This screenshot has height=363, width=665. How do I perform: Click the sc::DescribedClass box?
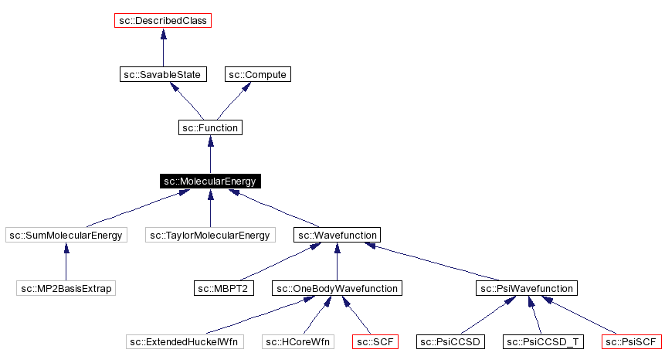(162, 21)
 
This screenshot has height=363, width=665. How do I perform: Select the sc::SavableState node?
(162, 75)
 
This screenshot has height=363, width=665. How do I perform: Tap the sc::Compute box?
(258, 75)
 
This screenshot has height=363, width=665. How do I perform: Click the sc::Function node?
(210, 127)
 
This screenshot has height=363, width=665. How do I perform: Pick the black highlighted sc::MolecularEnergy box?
(210, 181)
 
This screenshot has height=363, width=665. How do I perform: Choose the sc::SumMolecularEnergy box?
(65, 235)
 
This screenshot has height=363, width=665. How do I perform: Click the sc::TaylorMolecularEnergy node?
(210, 235)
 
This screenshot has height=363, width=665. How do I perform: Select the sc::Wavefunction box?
(337, 235)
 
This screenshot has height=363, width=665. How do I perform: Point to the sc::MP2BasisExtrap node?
(65, 288)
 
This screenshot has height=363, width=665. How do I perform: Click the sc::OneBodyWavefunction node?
(337, 288)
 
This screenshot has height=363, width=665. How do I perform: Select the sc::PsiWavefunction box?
(526, 288)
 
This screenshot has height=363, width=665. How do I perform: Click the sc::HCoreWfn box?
(297, 341)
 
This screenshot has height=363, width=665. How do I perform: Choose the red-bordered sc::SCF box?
(375, 341)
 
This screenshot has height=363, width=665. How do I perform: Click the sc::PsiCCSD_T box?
(544, 341)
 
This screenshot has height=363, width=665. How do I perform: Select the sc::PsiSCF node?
(631, 341)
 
